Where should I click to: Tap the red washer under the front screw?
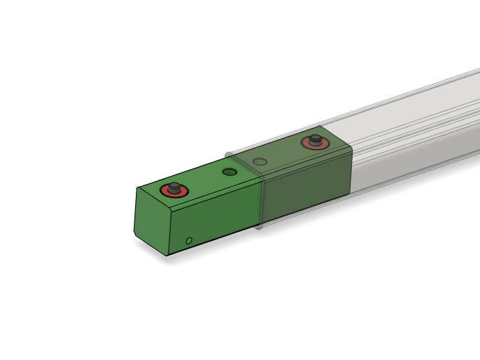[166, 192]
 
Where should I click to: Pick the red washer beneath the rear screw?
[307, 146]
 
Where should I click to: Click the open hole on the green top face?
[229, 172]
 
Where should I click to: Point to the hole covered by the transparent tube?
[260, 162]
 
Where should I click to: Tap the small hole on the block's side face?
[189, 241]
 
